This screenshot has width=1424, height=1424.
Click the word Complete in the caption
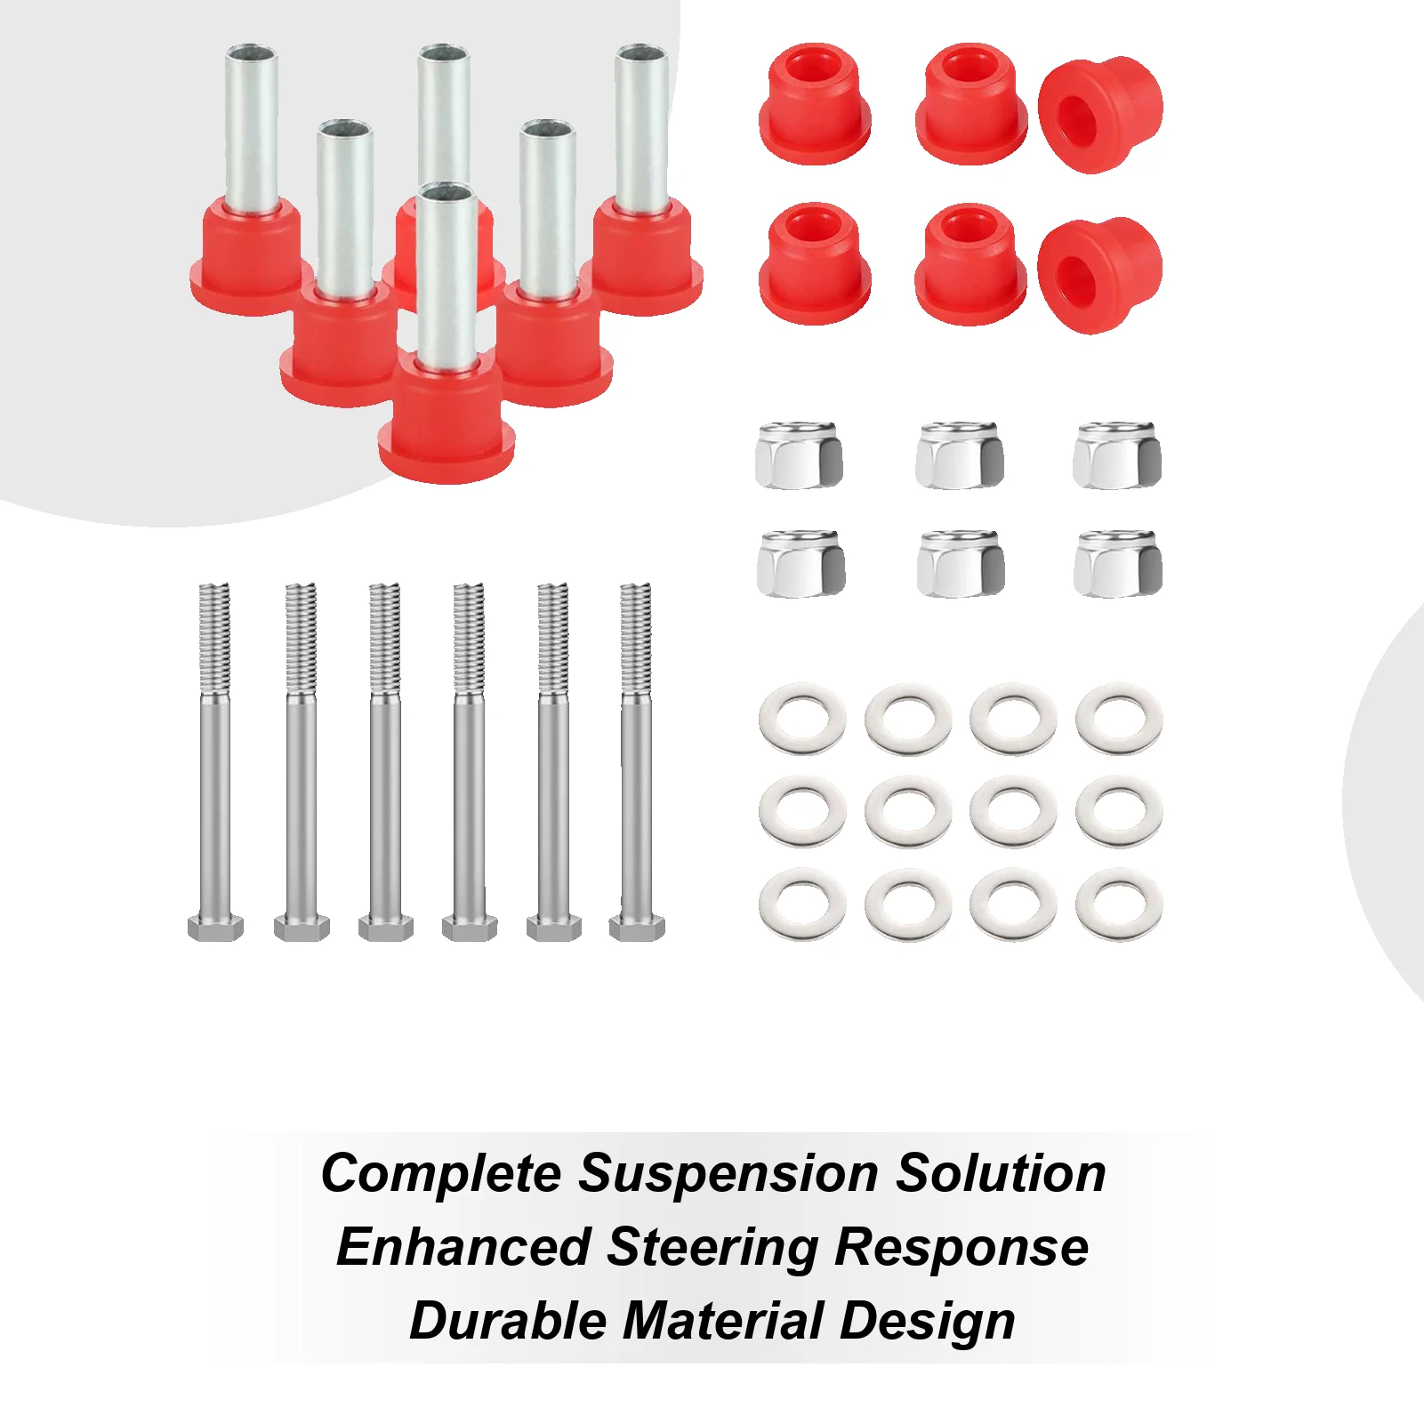click(x=440, y=1174)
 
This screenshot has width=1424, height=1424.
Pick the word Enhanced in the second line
click(x=463, y=1247)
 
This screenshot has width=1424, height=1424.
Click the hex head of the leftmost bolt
click(x=215, y=928)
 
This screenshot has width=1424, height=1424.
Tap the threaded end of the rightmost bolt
click(x=636, y=636)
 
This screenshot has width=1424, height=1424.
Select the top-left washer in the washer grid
click(x=802, y=719)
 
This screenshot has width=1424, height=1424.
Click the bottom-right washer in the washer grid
click(x=1119, y=905)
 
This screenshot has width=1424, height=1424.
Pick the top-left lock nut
click(x=799, y=455)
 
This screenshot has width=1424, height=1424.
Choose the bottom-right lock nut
click(x=1117, y=564)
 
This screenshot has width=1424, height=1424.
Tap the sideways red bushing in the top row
click(x=1100, y=114)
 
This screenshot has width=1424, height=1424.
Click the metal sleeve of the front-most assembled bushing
click(x=445, y=267)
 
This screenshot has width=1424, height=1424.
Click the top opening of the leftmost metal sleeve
click(x=252, y=52)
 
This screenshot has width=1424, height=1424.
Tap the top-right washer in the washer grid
click(x=1119, y=719)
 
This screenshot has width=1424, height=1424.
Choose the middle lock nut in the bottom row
click(x=960, y=564)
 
